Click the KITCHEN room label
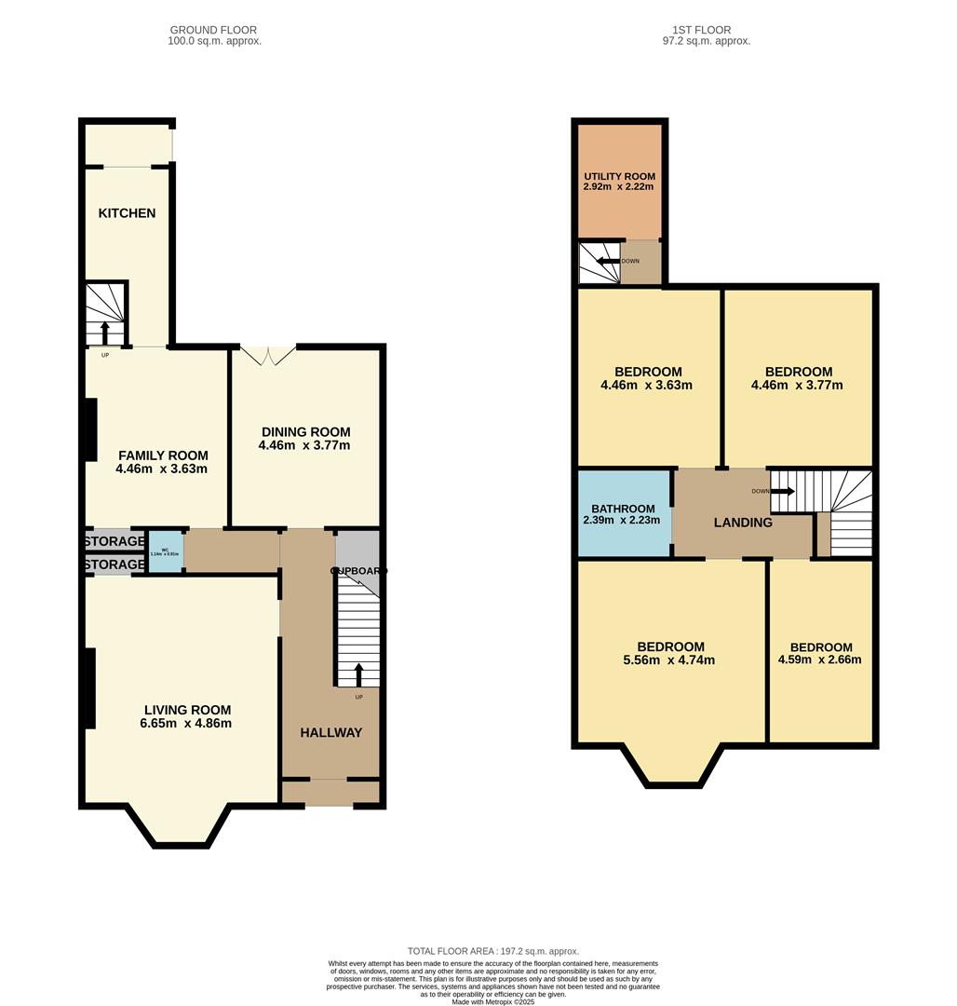pos(127,213)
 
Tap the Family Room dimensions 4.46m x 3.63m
pos(162,469)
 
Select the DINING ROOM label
pos(305,431)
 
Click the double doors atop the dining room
pos(267,354)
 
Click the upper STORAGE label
pos(115,541)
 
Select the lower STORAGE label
pos(115,564)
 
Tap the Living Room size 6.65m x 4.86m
pos(185,724)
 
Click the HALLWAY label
pos(330,733)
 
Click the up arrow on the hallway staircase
pos(359,673)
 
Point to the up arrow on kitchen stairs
pos(104,333)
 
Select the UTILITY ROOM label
pos(619,176)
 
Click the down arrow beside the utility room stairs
pos(609,262)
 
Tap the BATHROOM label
pos(624,509)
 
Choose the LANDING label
pos(743,523)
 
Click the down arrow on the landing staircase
pos(780,491)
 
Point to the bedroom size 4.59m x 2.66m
pos(820,660)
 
